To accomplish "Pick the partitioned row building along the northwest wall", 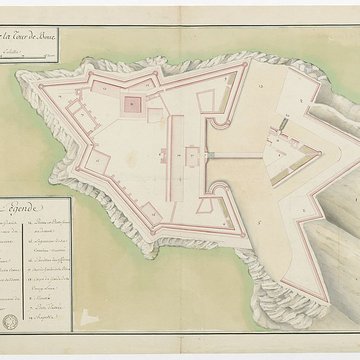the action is [x=84, y=108].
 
